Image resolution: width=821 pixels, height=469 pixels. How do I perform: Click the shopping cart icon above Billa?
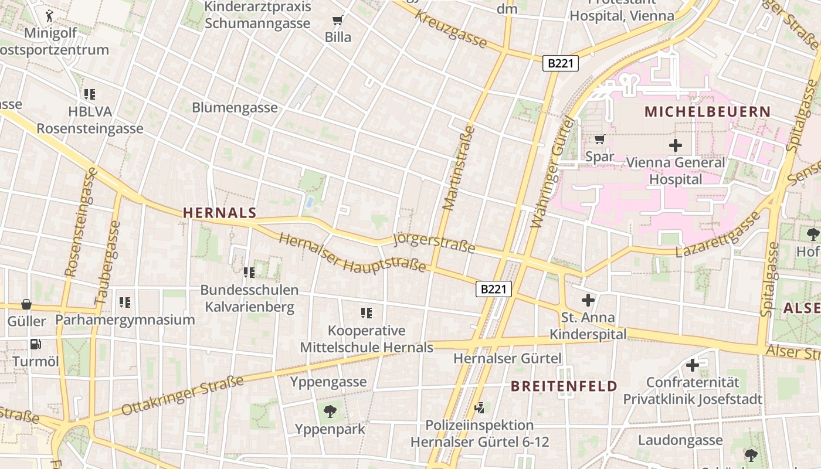(x=337, y=21)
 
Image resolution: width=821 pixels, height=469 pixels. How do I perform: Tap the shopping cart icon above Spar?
(x=599, y=140)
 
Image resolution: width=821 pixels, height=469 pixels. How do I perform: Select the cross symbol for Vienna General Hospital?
(x=676, y=145)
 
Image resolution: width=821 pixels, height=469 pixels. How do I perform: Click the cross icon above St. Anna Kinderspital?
(x=588, y=301)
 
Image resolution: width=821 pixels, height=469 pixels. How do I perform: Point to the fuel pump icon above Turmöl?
(x=35, y=344)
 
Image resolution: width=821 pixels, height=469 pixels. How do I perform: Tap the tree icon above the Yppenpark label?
(x=330, y=411)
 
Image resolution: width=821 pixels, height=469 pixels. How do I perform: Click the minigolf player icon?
(x=50, y=15)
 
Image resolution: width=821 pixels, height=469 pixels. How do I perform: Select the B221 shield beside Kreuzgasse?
(x=560, y=63)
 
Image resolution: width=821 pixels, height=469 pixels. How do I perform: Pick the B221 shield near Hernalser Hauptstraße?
(x=493, y=288)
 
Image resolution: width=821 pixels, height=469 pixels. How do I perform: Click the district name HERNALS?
(x=220, y=213)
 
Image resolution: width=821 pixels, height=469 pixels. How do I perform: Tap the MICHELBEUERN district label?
(x=707, y=111)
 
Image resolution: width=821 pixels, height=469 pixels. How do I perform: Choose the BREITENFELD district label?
(x=564, y=386)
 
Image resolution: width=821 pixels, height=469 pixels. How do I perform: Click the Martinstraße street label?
(x=458, y=168)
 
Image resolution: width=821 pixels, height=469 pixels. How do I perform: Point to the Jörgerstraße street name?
(x=434, y=243)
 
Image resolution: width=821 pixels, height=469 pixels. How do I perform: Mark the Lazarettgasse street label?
(x=718, y=235)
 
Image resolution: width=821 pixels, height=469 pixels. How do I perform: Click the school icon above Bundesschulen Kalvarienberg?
(x=249, y=272)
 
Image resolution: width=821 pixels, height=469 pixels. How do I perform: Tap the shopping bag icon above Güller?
(x=26, y=304)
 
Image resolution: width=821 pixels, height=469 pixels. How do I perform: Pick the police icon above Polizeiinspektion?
(x=480, y=407)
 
